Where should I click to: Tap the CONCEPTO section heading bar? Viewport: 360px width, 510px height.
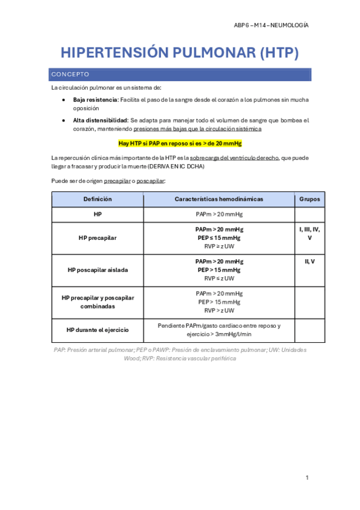[x=181, y=75]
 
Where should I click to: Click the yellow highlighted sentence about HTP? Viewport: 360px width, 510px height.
[x=180, y=144]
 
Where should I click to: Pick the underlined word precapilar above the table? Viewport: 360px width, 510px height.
[x=117, y=180]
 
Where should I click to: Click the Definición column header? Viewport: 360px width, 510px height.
[x=98, y=199]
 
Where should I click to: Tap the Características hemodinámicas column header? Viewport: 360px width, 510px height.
[x=219, y=199]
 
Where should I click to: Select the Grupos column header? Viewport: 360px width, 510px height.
[x=310, y=199]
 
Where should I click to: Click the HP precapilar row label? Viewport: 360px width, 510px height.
[x=98, y=238]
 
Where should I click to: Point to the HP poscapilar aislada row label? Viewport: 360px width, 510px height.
[x=98, y=270]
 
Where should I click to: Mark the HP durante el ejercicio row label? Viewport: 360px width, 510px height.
[x=98, y=330]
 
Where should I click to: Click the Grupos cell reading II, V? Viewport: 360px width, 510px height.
[x=310, y=262]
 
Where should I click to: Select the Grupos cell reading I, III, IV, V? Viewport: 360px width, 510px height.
[x=310, y=233]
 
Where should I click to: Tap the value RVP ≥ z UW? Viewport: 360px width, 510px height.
[x=219, y=246]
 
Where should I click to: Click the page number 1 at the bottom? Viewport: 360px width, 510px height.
[x=307, y=478]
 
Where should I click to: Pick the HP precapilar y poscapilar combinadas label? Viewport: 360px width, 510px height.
[x=98, y=302]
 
